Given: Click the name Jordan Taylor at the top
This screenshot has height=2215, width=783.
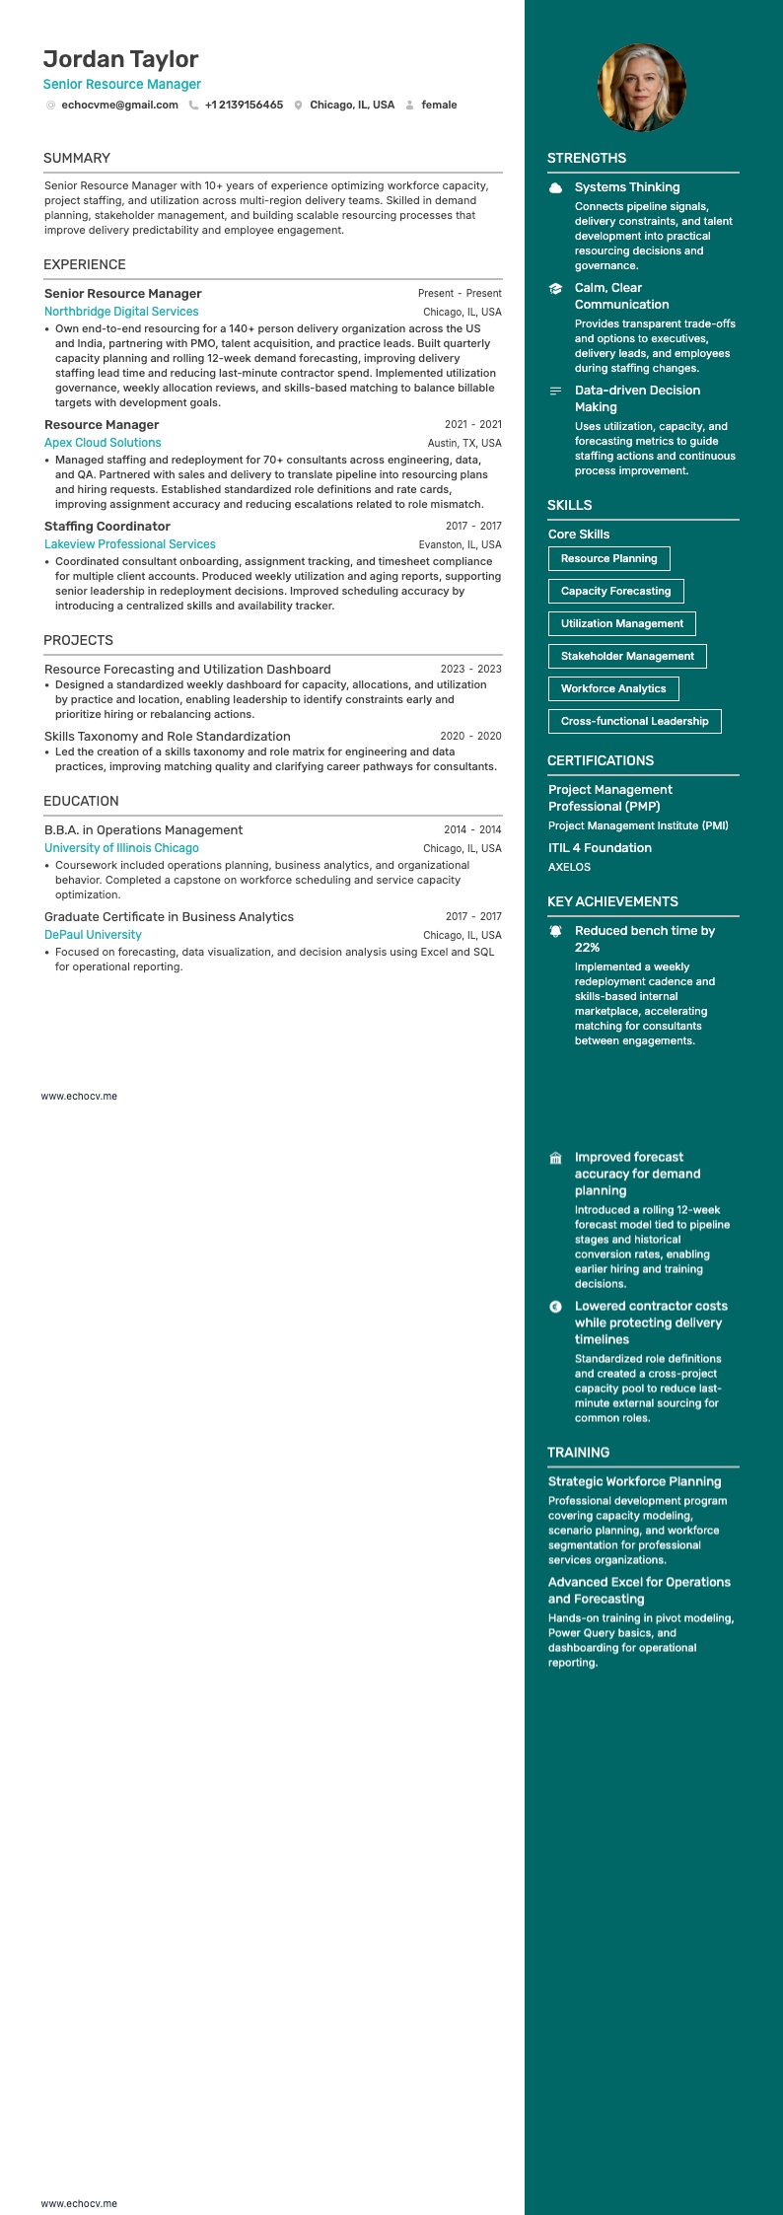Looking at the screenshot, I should point(120,59).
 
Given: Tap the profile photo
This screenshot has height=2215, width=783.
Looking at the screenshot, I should point(642,88).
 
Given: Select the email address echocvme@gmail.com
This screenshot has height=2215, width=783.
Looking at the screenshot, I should point(119,105).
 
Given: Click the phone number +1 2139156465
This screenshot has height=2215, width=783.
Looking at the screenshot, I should point(244,105).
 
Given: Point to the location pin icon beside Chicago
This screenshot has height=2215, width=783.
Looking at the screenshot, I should point(298,106).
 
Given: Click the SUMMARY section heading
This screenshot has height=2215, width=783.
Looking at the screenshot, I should point(77,158).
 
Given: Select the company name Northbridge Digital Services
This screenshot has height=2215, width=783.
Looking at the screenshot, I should point(121,312).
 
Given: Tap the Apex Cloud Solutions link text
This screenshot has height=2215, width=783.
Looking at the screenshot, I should point(103,443).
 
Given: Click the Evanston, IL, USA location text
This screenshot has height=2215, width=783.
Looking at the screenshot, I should point(460,544).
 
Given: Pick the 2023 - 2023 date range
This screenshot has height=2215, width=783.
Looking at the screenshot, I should point(470,669).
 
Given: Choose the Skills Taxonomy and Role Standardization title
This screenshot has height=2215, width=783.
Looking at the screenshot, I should point(168,736).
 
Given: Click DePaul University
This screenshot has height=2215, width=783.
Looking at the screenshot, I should point(93,935).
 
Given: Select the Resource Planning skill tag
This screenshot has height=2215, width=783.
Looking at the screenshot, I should point(608,558).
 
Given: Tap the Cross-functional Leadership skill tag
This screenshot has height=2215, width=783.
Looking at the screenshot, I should point(634,721).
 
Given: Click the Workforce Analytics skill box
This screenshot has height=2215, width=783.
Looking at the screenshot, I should point(613,688).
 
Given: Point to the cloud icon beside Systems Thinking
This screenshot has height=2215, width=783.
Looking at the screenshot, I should point(556,187).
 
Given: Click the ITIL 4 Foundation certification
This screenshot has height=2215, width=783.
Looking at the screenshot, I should point(600,847).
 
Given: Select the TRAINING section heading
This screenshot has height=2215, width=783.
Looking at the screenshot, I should point(578,1452).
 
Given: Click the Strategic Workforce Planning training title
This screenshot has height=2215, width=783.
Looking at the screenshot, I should point(634,1481).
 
